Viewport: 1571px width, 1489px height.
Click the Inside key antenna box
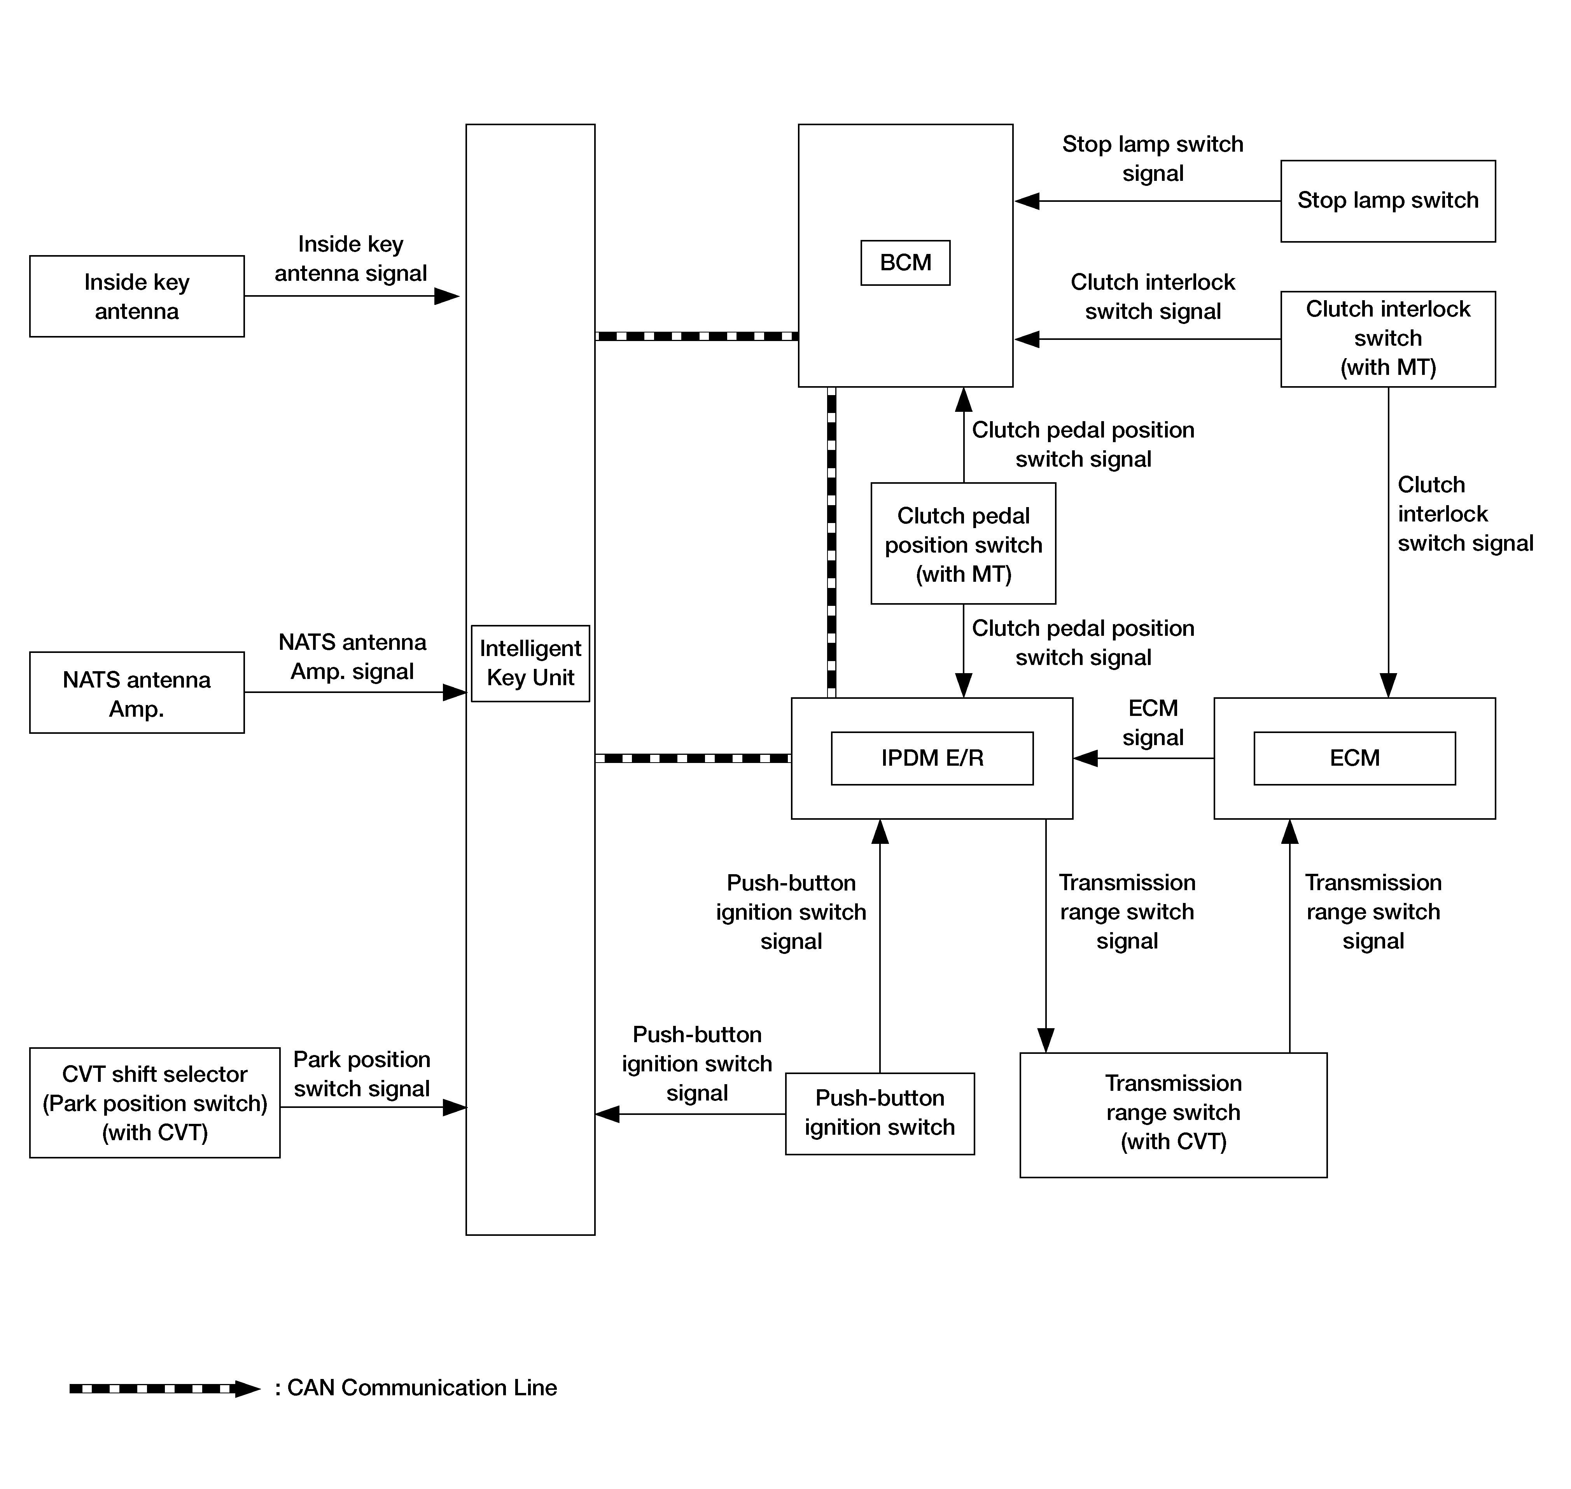click(136, 296)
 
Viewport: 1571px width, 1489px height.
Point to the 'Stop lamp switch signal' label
click(1153, 159)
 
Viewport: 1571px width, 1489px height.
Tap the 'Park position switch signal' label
click(362, 1074)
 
